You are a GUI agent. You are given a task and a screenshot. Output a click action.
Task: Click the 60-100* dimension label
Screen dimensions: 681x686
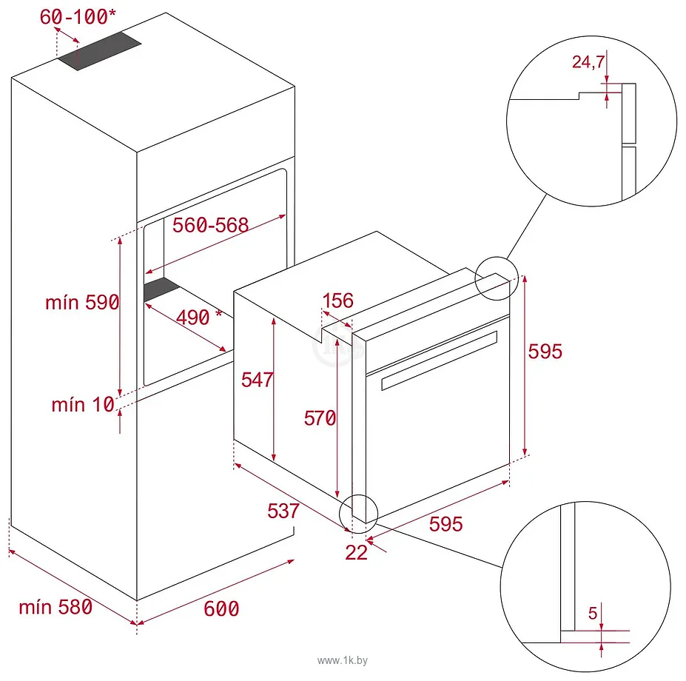tap(75, 16)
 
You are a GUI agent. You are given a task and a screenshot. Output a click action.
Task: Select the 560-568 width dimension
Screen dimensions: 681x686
tap(210, 225)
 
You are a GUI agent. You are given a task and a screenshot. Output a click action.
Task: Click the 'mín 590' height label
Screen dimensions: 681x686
tap(81, 302)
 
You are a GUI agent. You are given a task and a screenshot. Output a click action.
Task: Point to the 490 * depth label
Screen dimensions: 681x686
tap(198, 317)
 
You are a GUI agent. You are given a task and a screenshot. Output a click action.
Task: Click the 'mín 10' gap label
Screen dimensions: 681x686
tap(83, 404)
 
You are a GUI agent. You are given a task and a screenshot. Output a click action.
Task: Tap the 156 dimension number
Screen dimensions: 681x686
tap(338, 301)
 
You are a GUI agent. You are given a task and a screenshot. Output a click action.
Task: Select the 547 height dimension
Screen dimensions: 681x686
tap(258, 379)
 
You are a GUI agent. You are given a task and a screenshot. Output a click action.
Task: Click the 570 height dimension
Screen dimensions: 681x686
tap(320, 417)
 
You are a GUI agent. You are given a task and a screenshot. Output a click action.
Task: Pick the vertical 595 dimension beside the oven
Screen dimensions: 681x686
tap(545, 351)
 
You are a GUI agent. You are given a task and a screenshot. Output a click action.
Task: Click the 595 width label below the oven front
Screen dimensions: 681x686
tap(445, 523)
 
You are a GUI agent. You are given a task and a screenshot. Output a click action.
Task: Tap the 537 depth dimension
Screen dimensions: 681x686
tap(283, 510)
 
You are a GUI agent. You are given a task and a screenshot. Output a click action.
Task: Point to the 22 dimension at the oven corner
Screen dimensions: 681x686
tap(356, 552)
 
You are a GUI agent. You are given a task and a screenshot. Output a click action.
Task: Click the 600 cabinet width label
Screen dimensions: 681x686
tap(221, 608)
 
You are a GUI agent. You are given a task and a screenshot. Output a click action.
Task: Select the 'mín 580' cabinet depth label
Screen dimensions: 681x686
tap(56, 607)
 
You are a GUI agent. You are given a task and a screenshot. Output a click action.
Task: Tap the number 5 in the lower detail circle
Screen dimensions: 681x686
tap(592, 613)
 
